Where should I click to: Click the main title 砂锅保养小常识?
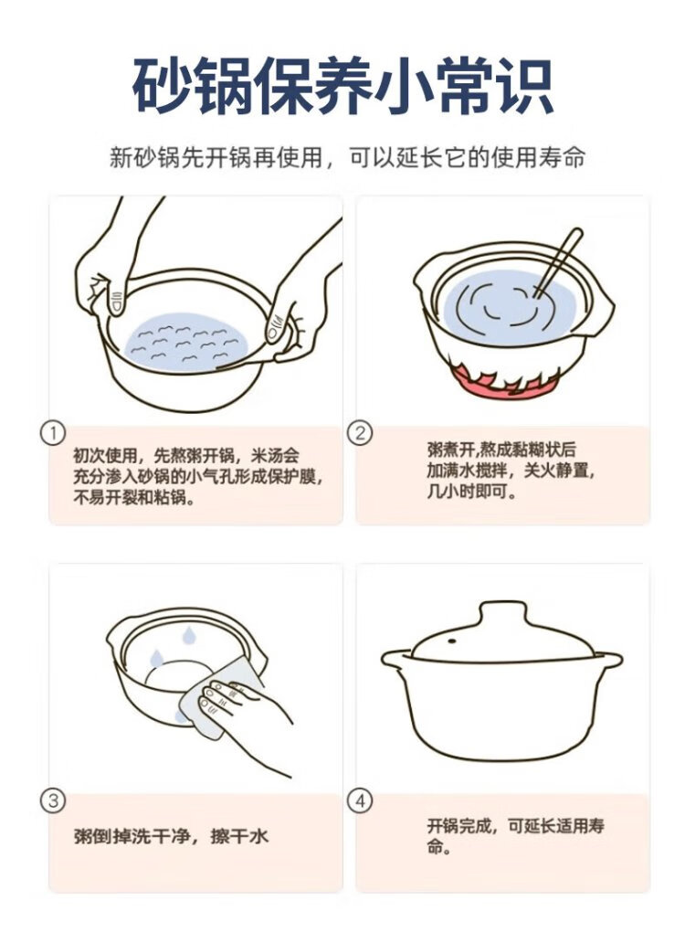tap(342, 86)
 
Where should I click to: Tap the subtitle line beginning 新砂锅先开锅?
tap(347, 157)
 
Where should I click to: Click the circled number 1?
tap(52, 433)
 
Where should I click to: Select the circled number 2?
tap(360, 433)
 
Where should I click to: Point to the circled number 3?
tap(52, 800)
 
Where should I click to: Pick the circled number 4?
tap(360, 800)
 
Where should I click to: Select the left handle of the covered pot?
tap(397, 659)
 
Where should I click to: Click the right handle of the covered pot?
tap(606, 660)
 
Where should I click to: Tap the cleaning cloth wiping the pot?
tap(220, 697)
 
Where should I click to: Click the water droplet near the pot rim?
tap(189, 634)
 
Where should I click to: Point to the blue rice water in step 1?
tap(186, 341)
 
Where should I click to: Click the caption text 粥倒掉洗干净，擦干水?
tap(172, 836)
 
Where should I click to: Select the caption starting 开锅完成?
tap(516, 836)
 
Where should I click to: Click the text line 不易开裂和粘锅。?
tap(134, 498)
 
